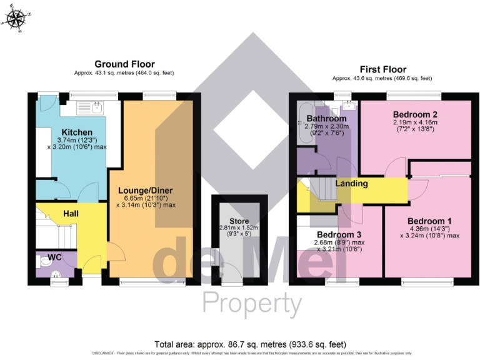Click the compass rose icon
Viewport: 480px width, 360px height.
pyautogui.click(x=17, y=19)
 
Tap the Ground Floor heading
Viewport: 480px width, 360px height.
pyautogui.click(x=124, y=64)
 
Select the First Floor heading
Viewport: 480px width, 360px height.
pyautogui.click(x=383, y=69)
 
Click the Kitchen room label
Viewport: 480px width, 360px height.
pyautogui.click(x=74, y=132)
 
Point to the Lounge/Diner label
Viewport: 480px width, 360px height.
pyautogui.click(x=145, y=191)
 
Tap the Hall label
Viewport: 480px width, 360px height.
pyautogui.click(x=71, y=213)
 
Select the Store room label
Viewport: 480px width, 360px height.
pyautogui.click(x=239, y=221)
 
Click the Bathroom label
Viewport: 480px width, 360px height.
pyautogui.click(x=326, y=119)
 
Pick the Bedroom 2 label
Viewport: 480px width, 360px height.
pyautogui.click(x=414, y=114)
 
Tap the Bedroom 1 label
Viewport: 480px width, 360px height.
pyautogui.click(x=429, y=221)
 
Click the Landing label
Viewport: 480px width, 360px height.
pyautogui.click(x=351, y=184)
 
